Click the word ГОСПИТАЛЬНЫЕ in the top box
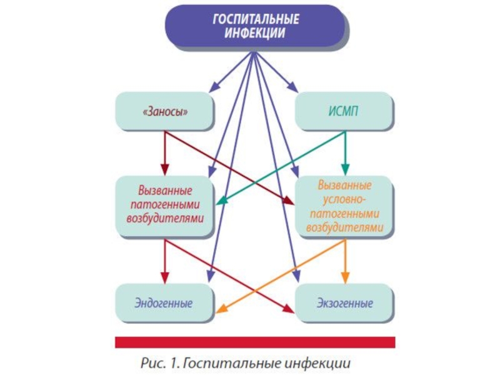tap(256, 19)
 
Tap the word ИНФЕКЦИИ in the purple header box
tap(255, 33)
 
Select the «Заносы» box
tap(164, 111)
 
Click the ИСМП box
tap(344, 111)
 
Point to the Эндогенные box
tap(164, 303)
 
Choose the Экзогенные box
tap(344, 303)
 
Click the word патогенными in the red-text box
tap(165, 204)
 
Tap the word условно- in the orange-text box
tap(344, 199)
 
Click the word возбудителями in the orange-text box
tap(345, 227)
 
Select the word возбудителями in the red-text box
tap(165, 219)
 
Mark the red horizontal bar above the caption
tap(255, 342)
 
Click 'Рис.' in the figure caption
tap(152, 363)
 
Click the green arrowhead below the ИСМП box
tap(345, 169)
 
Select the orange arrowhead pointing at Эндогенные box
tap(221, 309)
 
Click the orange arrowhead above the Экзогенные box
tap(346, 277)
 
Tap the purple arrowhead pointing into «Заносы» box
tap(214, 87)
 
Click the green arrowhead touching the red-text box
tap(222, 201)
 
